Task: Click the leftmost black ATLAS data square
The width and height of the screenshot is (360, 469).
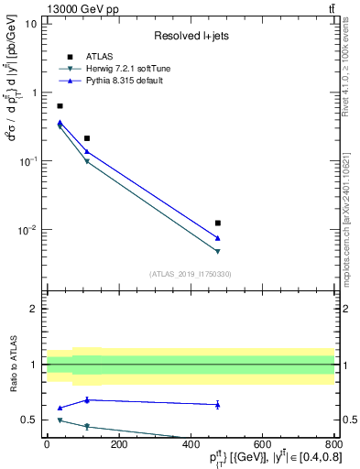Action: (x=60, y=106)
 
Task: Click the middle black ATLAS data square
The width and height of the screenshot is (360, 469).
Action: (x=87, y=138)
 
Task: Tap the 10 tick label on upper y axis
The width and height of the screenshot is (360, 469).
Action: (x=30, y=24)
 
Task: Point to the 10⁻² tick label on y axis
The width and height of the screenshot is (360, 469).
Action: (x=27, y=230)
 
